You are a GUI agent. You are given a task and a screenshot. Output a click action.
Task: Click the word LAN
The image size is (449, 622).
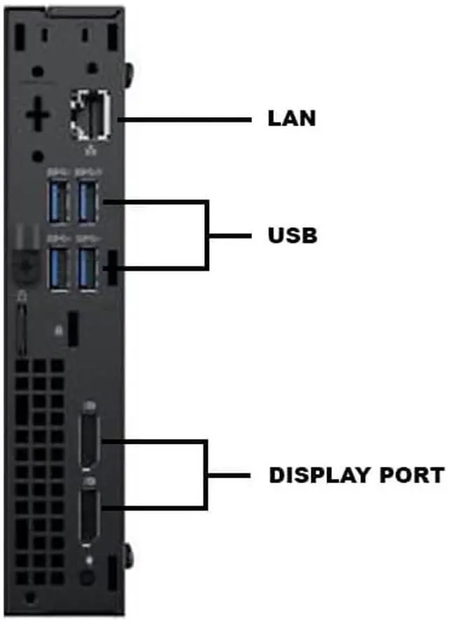pos(292,119)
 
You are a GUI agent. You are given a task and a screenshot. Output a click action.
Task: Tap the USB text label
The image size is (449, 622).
pos(293,236)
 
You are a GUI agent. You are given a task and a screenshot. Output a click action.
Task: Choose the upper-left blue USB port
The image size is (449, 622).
pos(58,202)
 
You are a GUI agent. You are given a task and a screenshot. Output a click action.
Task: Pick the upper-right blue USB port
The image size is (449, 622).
pos(87,202)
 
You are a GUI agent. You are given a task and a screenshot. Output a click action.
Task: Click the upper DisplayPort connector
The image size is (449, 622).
pos(89,439)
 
